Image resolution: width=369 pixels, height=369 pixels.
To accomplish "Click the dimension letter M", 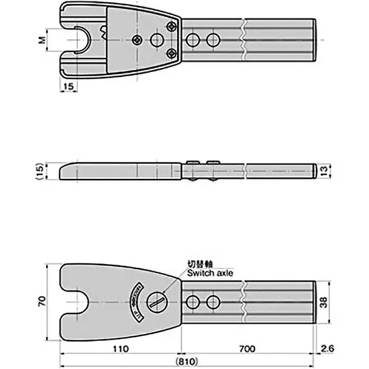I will pyautogui.click(x=42, y=40).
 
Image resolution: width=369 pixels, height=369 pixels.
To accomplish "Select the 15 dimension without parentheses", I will pyautogui.click(x=68, y=86).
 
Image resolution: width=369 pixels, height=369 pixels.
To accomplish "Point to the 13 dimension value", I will pyautogui.click(x=324, y=171).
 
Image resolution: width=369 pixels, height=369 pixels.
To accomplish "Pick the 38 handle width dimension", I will pyautogui.click(x=324, y=302).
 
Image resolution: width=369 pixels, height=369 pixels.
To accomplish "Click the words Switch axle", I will pyautogui.click(x=210, y=273).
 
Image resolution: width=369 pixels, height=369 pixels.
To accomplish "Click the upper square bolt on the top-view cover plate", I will pyautogui.click(x=172, y=26).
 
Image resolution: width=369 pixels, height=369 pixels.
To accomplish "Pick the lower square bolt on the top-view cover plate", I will pyautogui.click(x=172, y=54).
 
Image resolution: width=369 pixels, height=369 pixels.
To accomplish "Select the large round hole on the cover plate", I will pyautogui.click(x=157, y=40).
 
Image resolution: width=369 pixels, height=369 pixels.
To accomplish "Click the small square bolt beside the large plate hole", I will pyautogui.click(x=137, y=40).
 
